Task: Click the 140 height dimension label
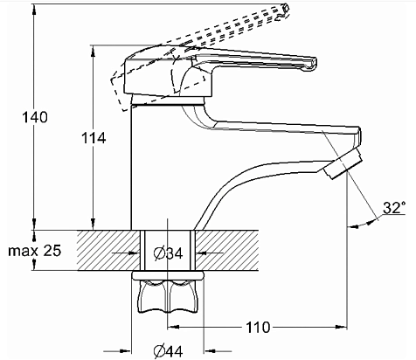(x=35, y=117)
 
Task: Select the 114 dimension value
(x=94, y=138)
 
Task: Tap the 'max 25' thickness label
(x=35, y=251)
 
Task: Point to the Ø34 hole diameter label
(x=168, y=253)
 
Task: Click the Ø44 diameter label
(x=168, y=351)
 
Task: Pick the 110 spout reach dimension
(x=258, y=328)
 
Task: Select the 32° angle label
(x=394, y=208)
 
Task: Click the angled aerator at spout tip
(x=343, y=163)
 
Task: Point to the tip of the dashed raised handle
(x=285, y=11)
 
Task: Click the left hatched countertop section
(x=108, y=250)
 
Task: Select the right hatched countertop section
(x=226, y=250)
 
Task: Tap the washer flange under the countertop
(x=168, y=275)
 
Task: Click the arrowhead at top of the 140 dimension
(x=34, y=9)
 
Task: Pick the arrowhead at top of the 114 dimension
(x=93, y=51)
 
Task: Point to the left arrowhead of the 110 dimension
(x=174, y=327)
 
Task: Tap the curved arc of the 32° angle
(x=363, y=224)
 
